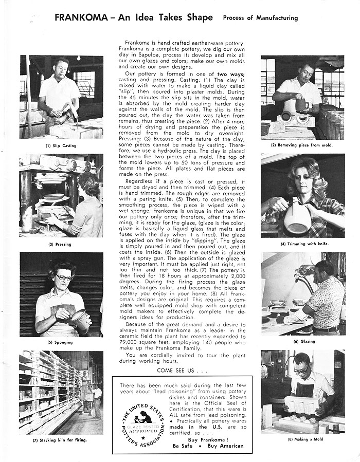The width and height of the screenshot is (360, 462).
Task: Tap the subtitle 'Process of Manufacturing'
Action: [x=260, y=18]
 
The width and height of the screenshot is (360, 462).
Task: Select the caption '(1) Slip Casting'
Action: [x=61, y=146]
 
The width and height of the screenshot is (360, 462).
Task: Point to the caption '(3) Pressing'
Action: [x=61, y=245]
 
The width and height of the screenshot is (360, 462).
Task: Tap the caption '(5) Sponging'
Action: [x=61, y=342]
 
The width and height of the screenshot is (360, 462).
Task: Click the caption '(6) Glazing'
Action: [x=303, y=341]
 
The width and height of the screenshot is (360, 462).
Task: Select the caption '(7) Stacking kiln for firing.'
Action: [x=61, y=440]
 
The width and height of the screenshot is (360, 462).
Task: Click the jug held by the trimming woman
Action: [x=297, y=218]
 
